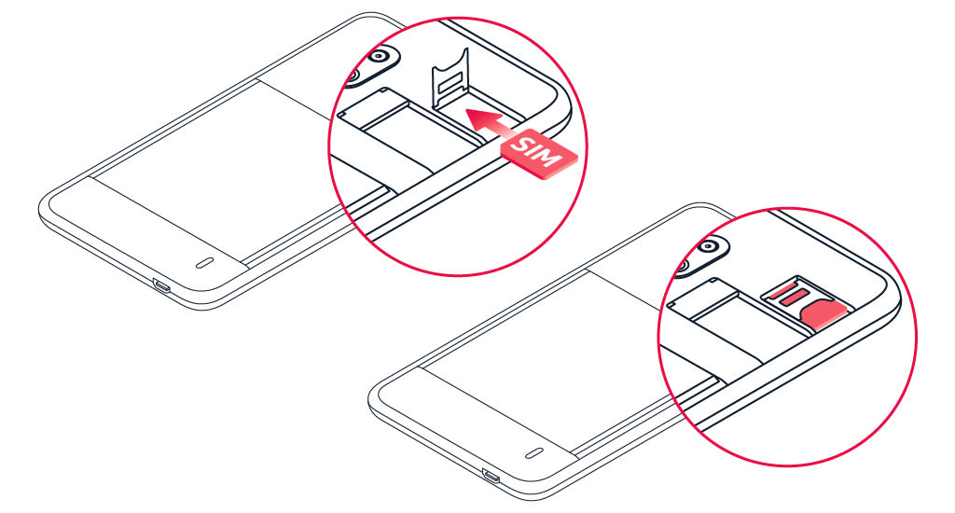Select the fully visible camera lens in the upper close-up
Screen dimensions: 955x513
379,59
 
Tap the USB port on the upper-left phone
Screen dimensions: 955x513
161,287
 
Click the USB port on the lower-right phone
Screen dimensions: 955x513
491,477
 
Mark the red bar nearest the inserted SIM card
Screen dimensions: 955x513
799,301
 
